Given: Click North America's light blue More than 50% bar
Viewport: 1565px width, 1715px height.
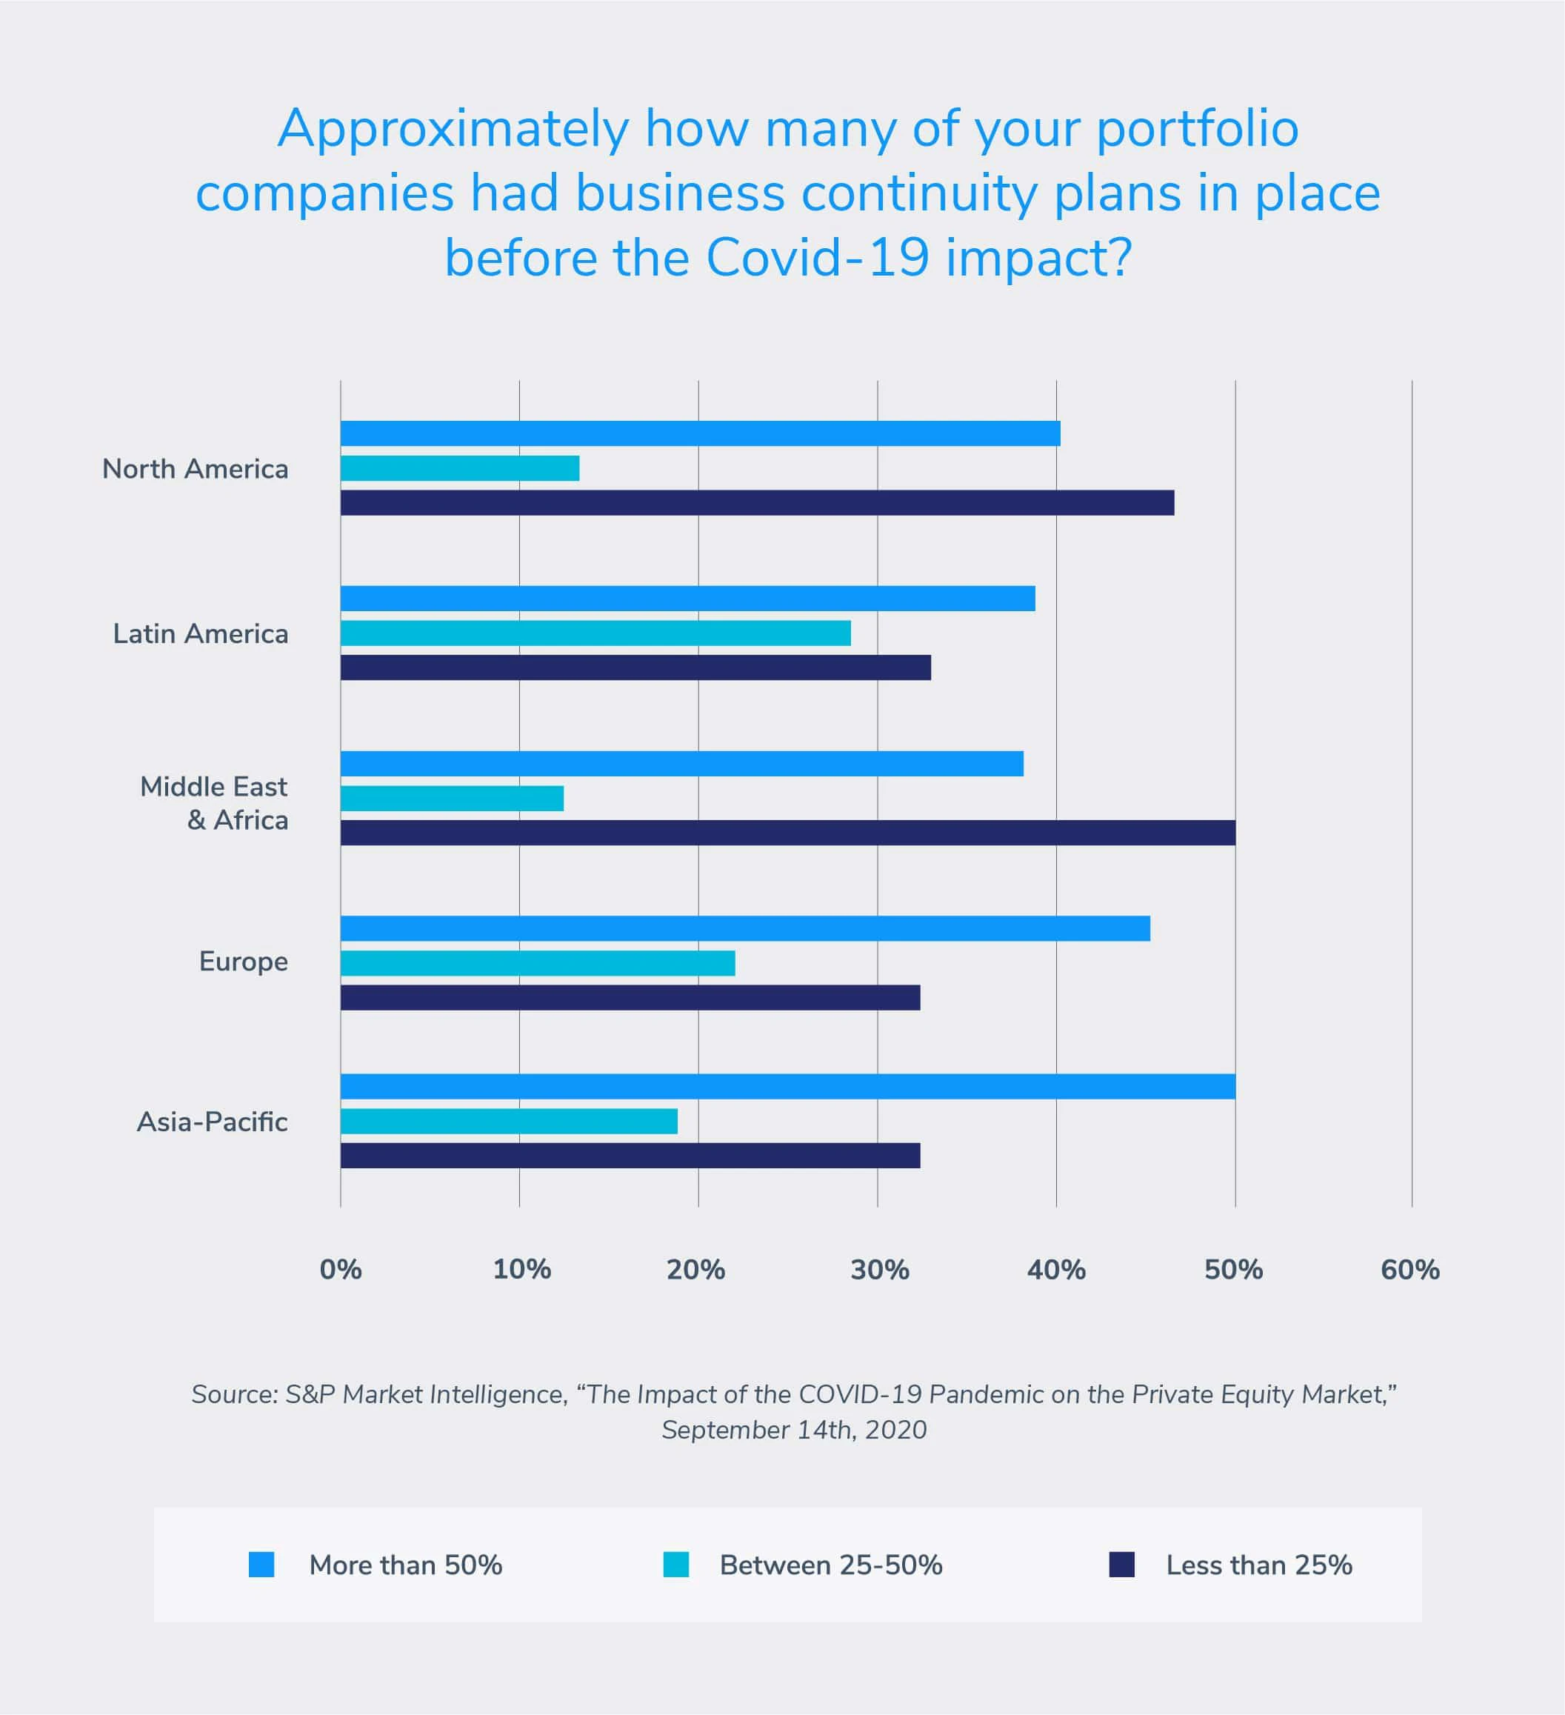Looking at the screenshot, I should click(700, 433).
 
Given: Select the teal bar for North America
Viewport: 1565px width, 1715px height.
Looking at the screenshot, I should click(459, 468).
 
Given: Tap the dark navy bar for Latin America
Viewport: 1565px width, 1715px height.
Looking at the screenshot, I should click(635, 667).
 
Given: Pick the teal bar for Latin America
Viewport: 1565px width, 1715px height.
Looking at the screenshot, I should click(595, 633).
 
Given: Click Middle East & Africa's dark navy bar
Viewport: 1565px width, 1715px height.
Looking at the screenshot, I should click(787, 833).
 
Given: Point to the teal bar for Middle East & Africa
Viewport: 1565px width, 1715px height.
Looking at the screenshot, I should click(452, 798).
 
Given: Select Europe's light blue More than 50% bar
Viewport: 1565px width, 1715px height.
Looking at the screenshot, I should click(745, 928).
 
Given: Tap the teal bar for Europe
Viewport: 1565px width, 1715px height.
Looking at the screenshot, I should click(538, 963).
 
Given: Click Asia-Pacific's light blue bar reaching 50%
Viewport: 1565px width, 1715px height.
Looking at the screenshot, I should click(787, 1086).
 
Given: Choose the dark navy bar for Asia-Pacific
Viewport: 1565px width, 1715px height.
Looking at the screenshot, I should click(630, 1155).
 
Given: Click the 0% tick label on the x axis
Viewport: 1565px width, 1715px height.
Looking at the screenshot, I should click(340, 1270).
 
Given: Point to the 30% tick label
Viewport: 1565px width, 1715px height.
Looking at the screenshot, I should click(879, 1270).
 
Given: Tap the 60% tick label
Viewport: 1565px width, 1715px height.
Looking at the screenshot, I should click(1409, 1270).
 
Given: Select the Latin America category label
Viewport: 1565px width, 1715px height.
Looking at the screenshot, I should click(201, 633).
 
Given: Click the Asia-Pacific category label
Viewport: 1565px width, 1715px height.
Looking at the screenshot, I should click(213, 1122).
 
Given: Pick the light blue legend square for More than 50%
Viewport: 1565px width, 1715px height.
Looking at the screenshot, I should click(261, 1565).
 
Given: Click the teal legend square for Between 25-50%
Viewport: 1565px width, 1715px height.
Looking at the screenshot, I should click(676, 1565).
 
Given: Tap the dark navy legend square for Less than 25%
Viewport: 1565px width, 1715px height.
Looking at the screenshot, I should click(1122, 1565).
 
